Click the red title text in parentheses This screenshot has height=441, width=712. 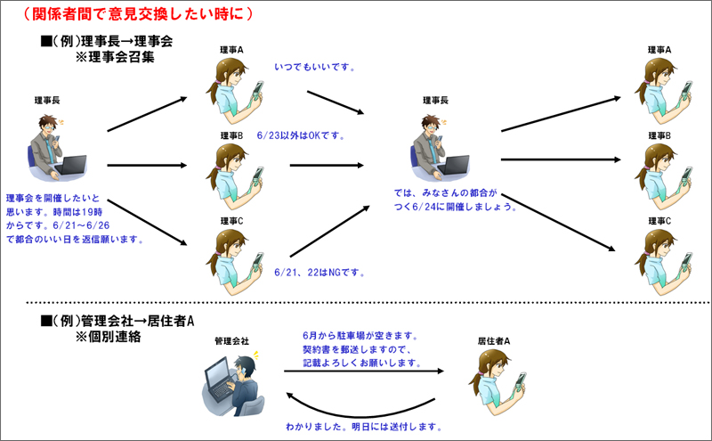138,13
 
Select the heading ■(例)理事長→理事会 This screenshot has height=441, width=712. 107,41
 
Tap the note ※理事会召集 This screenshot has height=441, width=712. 115,57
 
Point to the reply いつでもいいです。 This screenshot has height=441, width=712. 315,68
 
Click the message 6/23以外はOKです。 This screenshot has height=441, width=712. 301,135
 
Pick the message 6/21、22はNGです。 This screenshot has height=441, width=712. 320,273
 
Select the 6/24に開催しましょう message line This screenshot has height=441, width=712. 456,207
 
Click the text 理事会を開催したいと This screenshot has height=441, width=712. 53,198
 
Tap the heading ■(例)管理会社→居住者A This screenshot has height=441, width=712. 117,321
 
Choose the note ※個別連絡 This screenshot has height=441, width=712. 108,337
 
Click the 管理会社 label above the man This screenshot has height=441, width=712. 231,341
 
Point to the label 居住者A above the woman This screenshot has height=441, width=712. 494,341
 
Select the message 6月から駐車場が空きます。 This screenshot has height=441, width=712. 360,336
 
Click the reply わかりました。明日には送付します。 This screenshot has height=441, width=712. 364,427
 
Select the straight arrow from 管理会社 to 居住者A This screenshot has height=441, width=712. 364,371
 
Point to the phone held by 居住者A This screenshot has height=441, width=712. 520,381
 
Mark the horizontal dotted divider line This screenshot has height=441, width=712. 368,302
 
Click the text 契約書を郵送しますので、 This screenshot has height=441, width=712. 357,349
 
